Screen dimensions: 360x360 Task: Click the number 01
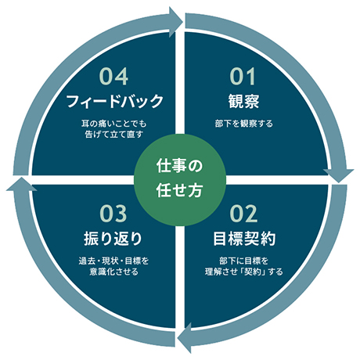(243, 76)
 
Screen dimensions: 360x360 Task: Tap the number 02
(243, 214)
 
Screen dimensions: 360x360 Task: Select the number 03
(113, 214)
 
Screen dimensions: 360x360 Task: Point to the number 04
(113, 76)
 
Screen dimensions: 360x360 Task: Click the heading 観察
(243, 101)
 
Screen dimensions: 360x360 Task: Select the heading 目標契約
(244, 239)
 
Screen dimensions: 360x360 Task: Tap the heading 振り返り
(113, 239)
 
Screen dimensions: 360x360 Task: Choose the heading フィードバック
(114, 101)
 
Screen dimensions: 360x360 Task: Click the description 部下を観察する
(244, 124)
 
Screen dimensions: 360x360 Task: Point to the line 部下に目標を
(244, 261)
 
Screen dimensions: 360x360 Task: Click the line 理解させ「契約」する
(244, 272)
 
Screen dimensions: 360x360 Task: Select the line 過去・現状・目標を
(113, 261)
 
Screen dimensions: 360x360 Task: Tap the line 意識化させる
(113, 272)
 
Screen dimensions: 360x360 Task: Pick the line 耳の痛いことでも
(113, 124)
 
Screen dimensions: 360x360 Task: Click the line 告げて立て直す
(113, 135)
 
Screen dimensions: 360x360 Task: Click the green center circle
(180, 180)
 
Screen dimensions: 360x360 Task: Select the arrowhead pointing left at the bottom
(185, 338)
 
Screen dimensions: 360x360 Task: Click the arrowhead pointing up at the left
(21, 185)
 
